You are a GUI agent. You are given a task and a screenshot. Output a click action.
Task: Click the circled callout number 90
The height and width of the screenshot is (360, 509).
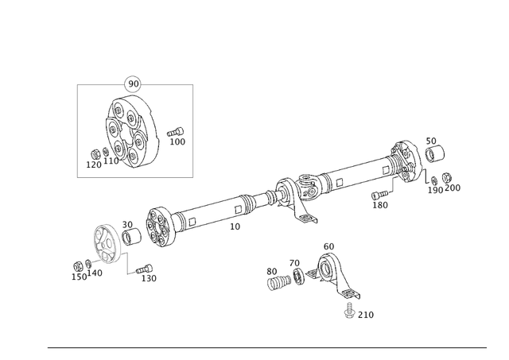click(x=134, y=83)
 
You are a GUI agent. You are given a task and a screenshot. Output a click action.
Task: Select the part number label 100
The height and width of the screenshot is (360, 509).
click(x=177, y=142)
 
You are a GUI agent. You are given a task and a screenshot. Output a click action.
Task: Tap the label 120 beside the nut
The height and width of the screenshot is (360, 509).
click(x=93, y=165)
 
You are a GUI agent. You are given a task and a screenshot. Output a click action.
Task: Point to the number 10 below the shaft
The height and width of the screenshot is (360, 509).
click(x=235, y=226)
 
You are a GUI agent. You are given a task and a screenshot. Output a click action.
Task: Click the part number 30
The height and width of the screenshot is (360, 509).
click(x=127, y=225)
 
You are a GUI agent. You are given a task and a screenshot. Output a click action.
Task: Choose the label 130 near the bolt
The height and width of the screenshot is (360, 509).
click(x=149, y=279)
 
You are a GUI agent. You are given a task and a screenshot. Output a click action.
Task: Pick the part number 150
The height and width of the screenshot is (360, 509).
click(x=79, y=277)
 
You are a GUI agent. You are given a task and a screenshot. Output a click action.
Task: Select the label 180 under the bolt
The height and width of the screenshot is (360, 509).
click(x=380, y=206)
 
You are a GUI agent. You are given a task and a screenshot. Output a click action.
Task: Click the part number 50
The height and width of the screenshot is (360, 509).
click(x=430, y=141)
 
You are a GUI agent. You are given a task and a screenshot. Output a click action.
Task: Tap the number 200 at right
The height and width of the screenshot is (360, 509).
click(x=453, y=188)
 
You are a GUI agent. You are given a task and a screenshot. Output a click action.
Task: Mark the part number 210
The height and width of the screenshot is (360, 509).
click(x=365, y=315)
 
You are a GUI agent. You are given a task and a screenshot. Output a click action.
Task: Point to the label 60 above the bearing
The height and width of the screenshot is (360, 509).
click(x=328, y=246)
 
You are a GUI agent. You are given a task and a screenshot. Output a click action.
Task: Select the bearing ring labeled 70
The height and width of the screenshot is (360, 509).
click(x=299, y=276)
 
